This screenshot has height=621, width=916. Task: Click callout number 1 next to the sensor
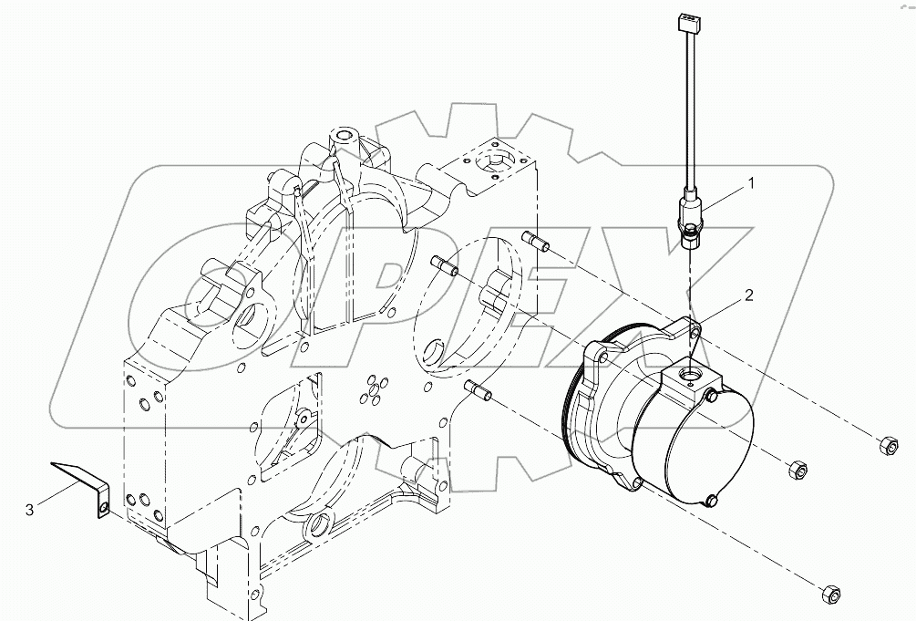tap(750, 183)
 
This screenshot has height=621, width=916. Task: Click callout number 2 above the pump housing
tap(748, 295)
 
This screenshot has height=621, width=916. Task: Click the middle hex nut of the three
tap(794, 470)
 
